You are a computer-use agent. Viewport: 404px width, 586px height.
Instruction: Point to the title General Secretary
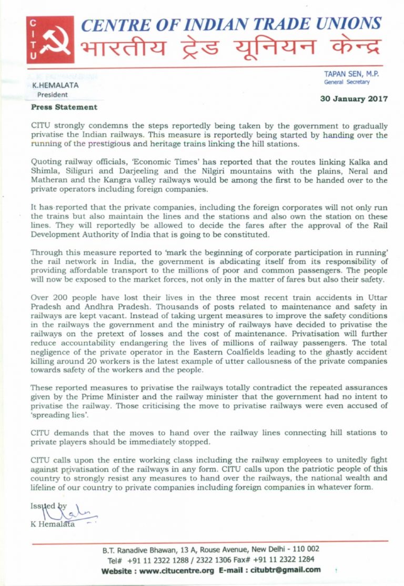tap(348, 82)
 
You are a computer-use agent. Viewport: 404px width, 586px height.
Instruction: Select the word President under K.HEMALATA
tap(52, 95)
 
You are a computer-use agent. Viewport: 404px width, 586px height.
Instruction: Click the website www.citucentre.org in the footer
tap(172, 570)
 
